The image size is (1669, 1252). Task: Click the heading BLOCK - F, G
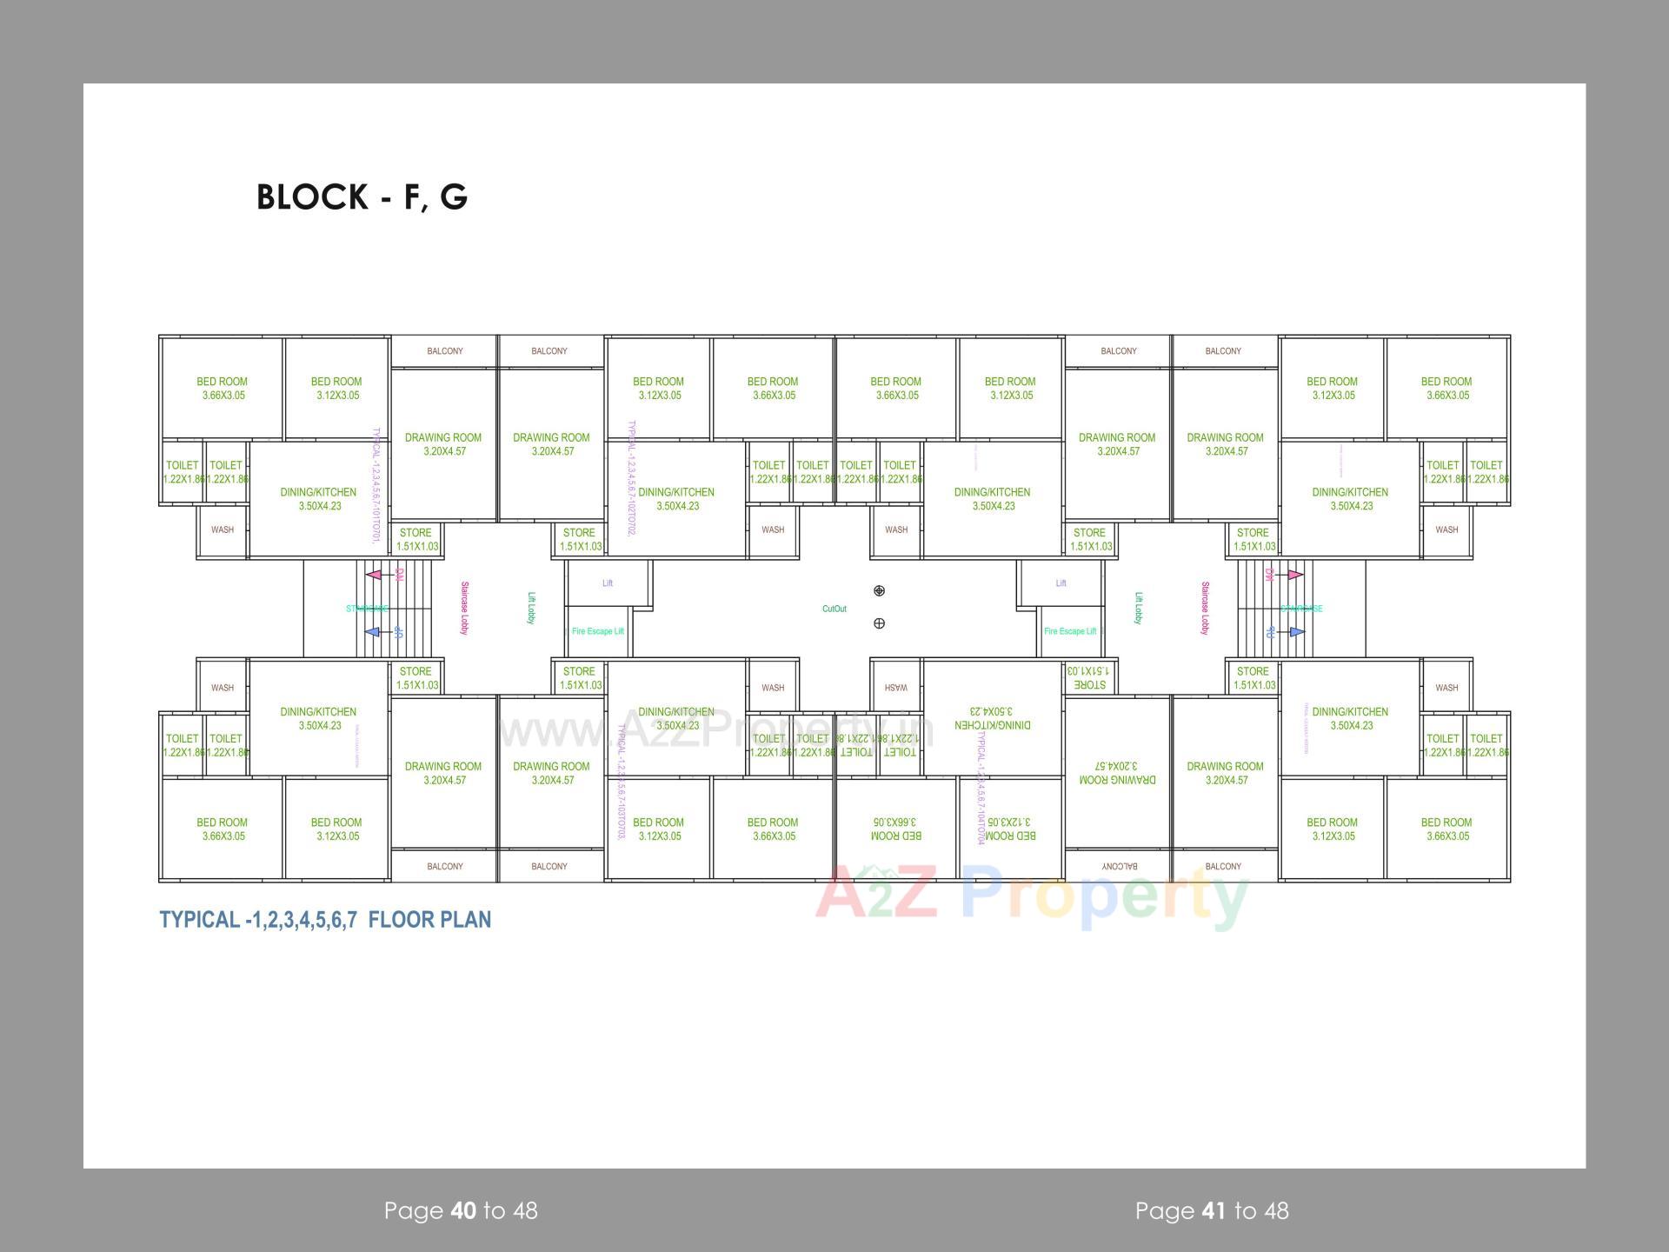pyautogui.click(x=362, y=197)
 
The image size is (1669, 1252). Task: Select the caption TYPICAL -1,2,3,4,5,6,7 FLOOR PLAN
pyautogui.click(x=325, y=920)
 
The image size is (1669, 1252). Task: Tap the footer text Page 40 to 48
pyautogui.click(x=461, y=1210)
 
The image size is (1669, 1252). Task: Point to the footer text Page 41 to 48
pyautogui.click(x=1212, y=1210)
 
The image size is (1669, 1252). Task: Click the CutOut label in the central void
pyautogui.click(x=834, y=609)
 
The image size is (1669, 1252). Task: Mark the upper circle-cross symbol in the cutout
pyautogui.click(x=879, y=591)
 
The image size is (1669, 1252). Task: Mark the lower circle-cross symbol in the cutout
pyautogui.click(x=879, y=623)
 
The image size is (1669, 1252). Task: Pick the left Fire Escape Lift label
pyautogui.click(x=598, y=631)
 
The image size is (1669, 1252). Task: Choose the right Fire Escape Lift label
pyautogui.click(x=1070, y=631)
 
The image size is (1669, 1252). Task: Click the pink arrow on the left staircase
pyautogui.click(x=374, y=575)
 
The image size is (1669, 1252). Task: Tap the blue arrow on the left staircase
pyautogui.click(x=373, y=632)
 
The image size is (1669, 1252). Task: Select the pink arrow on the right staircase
pyautogui.click(x=1295, y=575)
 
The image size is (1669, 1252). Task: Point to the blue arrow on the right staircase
pyautogui.click(x=1296, y=632)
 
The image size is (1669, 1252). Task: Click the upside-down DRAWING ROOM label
pyautogui.click(x=1117, y=773)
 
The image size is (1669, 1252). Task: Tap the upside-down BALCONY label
pyautogui.click(x=1119, y=867)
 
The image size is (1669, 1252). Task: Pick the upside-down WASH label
pyautogui.click(x=896, y=688)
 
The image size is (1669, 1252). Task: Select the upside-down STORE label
pyautogui.click(x=1089, y=678)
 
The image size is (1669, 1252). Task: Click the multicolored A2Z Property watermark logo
pyautogui.click(x=1032, y=896)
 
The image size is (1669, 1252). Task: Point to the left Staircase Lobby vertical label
pyautogui.click(x=464, y=609)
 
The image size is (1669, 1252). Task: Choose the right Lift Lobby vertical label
pyautogui.click(x=1138, y=609)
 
